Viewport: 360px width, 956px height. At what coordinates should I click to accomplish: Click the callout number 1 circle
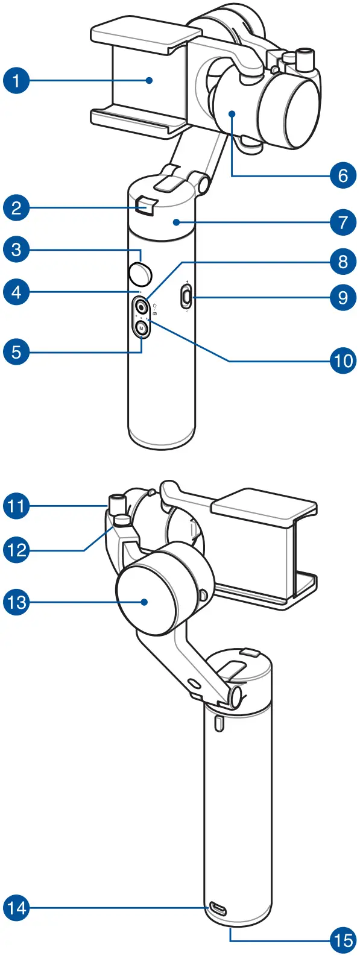[16, 80]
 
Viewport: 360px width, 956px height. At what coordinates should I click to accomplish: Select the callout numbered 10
[343, 360]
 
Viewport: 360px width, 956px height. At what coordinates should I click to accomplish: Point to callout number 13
[16, 602]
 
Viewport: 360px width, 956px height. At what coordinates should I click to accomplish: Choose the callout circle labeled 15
[343, 939]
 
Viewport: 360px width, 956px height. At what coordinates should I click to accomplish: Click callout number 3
[16, 250]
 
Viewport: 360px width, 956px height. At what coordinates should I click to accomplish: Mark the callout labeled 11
[16, 505]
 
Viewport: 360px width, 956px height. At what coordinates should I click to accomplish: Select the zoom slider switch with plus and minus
[187, 297]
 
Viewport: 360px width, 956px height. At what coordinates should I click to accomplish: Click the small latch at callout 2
[145, 206]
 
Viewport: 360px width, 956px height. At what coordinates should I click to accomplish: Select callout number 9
[343, 297]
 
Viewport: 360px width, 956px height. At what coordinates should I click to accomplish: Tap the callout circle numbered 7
[343, 222]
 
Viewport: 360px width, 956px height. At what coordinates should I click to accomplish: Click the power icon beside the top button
[155, 304]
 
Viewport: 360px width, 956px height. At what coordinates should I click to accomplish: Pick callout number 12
[16, 550]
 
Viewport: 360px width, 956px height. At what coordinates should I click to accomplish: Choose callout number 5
[16, 351]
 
